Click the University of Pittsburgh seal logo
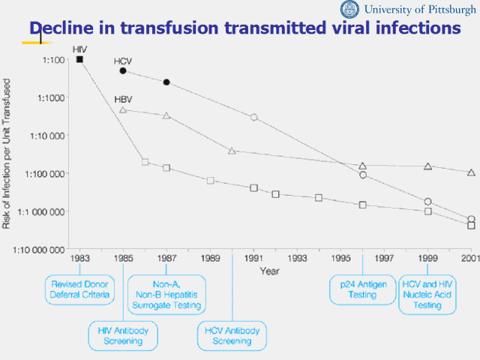point(350,10)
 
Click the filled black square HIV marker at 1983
point(80,59)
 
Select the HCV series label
point(123,60)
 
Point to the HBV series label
point(123,99)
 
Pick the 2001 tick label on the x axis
point(471,259)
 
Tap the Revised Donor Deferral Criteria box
point(80,289)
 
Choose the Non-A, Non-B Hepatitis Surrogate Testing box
point(166,294)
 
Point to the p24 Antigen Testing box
point(363,289)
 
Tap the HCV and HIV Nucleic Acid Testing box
point(427,294)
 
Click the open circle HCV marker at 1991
point(254,117)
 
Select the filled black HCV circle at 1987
point(166,82)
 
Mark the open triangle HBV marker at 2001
point(471,172)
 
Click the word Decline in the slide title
point(64,28)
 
